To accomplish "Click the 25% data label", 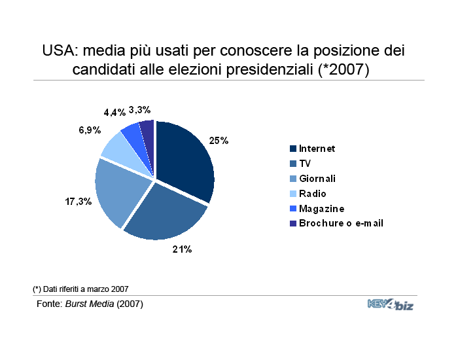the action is pyautogui.click(x=219, y=141).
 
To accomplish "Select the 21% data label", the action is pyautogui.click(x=182, y=249).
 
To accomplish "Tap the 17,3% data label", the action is pyautogui.click(x=79, y=202).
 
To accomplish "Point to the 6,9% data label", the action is pyautogui.click(x=90, y=130).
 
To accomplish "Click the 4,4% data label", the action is pyautogui.click(x=114, y=112).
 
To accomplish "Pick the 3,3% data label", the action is pyautogui.click(x=139, y=110).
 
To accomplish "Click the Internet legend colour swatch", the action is pyautogui.click(x=293, y=149).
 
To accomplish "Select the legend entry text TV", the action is pyautogui.click(x=305, y=164).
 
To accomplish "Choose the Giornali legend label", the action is pyautogui.click(x=317, y=179).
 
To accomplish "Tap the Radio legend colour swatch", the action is pyautogui.click(x=293, y=194).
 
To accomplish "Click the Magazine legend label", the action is pyautogui.click(x=322, y=209).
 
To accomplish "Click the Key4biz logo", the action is pyautogui.click(x=391, y=304).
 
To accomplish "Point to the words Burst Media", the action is pyautogui.click(x=90, y=304).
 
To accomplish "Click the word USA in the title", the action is pyautogui.click(x=59, y=50).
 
